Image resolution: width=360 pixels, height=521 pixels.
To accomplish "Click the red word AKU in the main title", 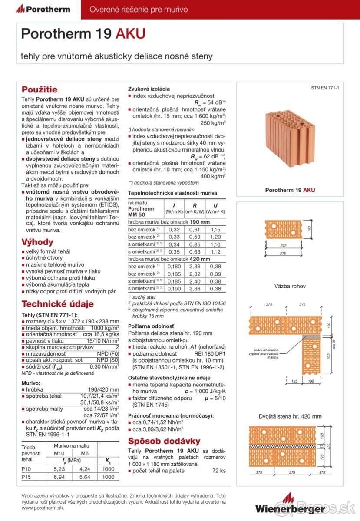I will point(130,34).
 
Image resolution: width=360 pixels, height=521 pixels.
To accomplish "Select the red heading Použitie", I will point(40,90).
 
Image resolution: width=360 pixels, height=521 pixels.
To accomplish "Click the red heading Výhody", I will point(37,242).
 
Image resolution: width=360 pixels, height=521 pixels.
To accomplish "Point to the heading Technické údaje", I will point(58,304).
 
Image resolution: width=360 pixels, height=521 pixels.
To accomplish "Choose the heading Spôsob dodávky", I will point(164,441).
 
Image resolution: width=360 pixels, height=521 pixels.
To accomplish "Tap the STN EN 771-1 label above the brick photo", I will point(325,88).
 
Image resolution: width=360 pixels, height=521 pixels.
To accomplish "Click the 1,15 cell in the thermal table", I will point(215,229).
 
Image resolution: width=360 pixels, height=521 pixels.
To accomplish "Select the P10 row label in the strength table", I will point(26,469).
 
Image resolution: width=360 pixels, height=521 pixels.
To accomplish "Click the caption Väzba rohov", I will point(290,286).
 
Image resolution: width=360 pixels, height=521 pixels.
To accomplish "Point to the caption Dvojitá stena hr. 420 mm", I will point(290,416).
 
